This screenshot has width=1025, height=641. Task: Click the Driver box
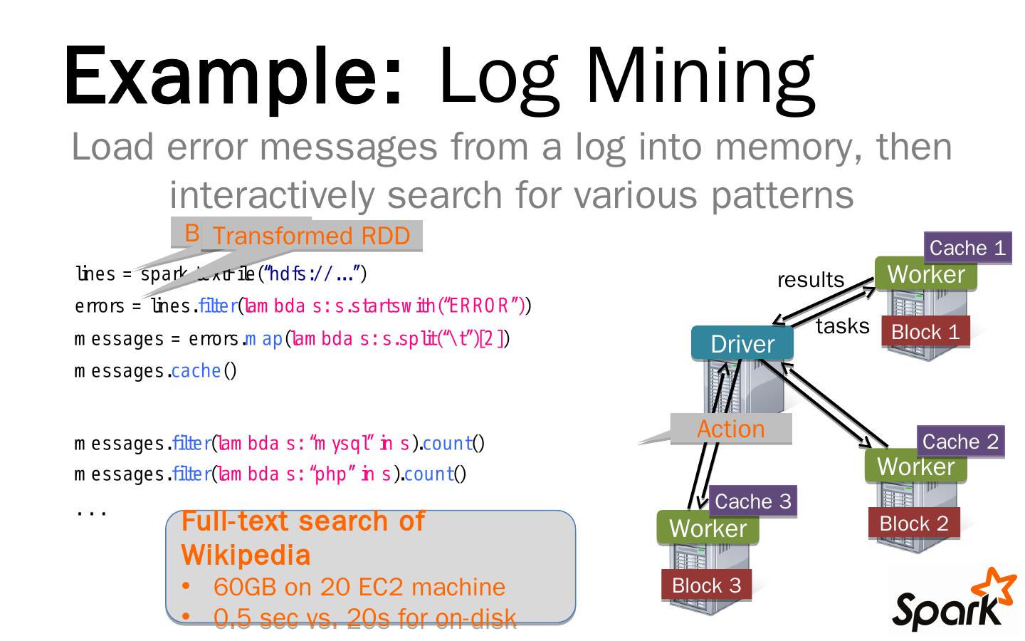(742, 344)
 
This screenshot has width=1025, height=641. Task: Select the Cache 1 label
(967, 248)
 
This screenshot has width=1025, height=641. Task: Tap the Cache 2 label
(960, 442)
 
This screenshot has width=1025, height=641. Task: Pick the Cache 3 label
(752, 501)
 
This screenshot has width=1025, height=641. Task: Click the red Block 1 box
(925, 332)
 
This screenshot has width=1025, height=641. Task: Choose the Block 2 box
(913, 523)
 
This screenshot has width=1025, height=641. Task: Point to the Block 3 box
(706, 585)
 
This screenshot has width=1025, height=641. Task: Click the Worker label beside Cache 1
(925, 274)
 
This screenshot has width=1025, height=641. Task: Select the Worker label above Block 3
(708, 528)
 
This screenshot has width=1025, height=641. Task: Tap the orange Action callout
(731, 429)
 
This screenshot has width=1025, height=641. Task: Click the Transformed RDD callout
(311, 236)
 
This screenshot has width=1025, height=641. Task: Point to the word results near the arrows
(810, 279)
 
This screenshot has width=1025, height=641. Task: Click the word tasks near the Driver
(842, 325)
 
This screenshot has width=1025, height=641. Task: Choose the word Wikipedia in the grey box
(246, 555)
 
